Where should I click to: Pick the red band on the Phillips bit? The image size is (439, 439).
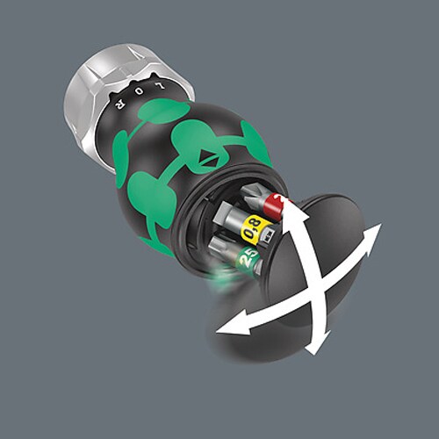(x=275, y=207)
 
